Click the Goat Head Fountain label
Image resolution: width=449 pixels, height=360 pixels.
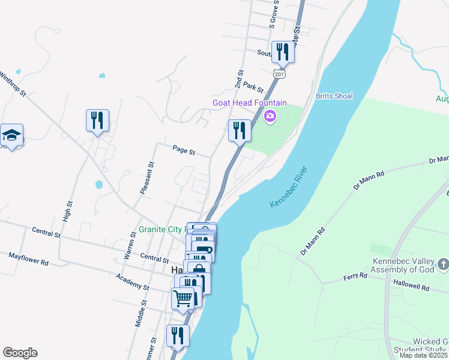250,103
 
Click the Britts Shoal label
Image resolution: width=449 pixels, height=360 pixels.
334,96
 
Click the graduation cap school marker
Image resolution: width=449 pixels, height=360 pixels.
11,136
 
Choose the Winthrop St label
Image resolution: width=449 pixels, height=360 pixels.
13,85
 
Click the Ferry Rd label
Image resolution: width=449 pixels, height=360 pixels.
355,275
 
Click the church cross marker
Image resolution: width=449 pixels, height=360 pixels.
443,264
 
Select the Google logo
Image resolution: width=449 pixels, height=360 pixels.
20,353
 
